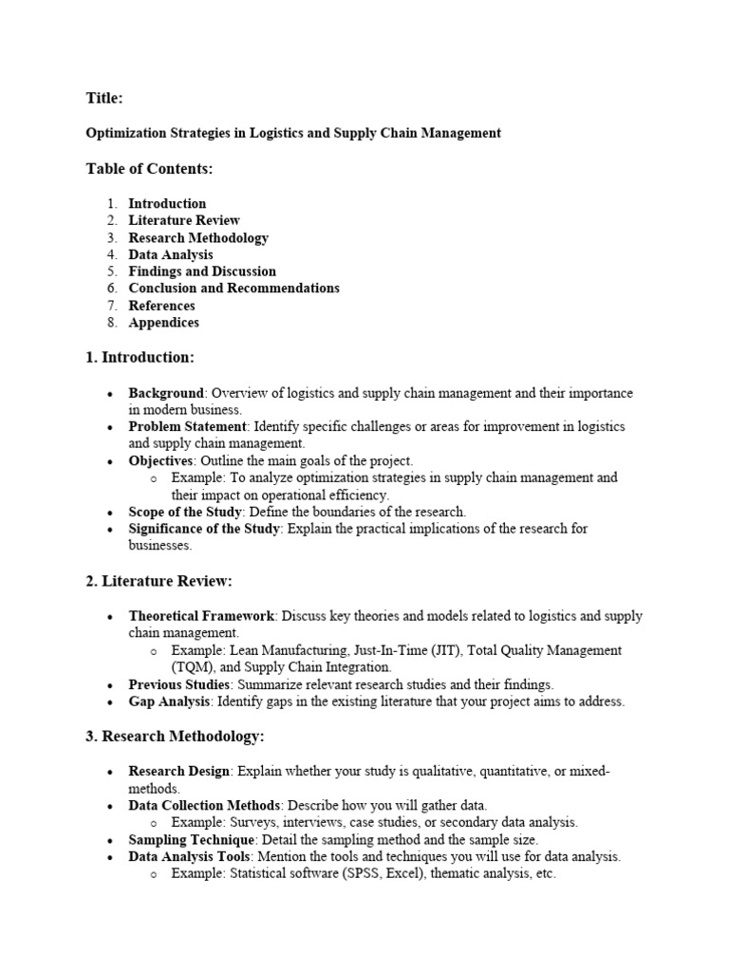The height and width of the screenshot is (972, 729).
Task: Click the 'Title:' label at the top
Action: (103, 98)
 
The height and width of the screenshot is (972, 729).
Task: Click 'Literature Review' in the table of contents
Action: (184, 220)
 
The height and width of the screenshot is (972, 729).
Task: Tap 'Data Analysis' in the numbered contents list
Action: (171, 254)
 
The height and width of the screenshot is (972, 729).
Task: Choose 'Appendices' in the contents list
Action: (163, 323)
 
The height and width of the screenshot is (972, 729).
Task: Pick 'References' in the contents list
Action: (161, 306)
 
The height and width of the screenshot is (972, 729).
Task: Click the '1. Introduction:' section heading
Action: (140, 358)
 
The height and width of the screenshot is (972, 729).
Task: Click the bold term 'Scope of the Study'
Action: (186, 512)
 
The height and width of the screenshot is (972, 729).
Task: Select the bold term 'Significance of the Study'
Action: (204, 529)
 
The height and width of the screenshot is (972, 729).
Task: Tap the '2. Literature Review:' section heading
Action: (159, 581)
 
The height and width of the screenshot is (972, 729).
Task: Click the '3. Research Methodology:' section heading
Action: (176, 737)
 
